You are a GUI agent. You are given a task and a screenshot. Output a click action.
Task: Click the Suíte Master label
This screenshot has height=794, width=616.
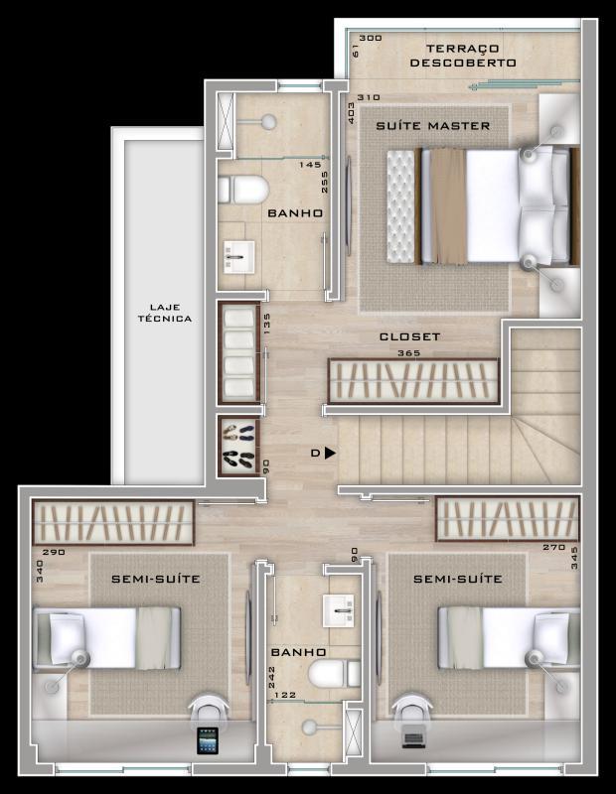[432, 126]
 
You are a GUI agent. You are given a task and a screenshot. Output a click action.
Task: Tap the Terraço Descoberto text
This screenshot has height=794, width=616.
[463, 56]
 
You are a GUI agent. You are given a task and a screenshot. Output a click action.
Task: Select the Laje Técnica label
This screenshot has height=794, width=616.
[165, 313]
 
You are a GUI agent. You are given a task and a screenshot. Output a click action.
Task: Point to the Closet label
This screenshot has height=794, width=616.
[409, 336]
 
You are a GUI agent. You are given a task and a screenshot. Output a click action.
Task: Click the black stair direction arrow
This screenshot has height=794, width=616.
[330, 453]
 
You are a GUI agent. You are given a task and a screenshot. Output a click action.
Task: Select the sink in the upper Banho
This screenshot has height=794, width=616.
[238, 256]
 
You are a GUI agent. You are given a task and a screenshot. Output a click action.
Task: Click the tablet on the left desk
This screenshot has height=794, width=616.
[208, 740]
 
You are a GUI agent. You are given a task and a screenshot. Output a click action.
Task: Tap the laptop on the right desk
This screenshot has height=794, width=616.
[413, 740]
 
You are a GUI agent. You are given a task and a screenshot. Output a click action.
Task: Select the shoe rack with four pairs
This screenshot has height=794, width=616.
[238, 447]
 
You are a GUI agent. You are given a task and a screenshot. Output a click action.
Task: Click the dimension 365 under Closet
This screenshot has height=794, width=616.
[407, 352]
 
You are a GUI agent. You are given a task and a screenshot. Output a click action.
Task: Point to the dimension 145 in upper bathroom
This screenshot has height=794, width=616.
[309, 165]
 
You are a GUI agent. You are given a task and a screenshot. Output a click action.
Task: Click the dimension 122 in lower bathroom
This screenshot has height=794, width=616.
[285, 696]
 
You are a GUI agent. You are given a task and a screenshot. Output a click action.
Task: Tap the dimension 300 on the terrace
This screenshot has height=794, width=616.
[370, 39]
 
